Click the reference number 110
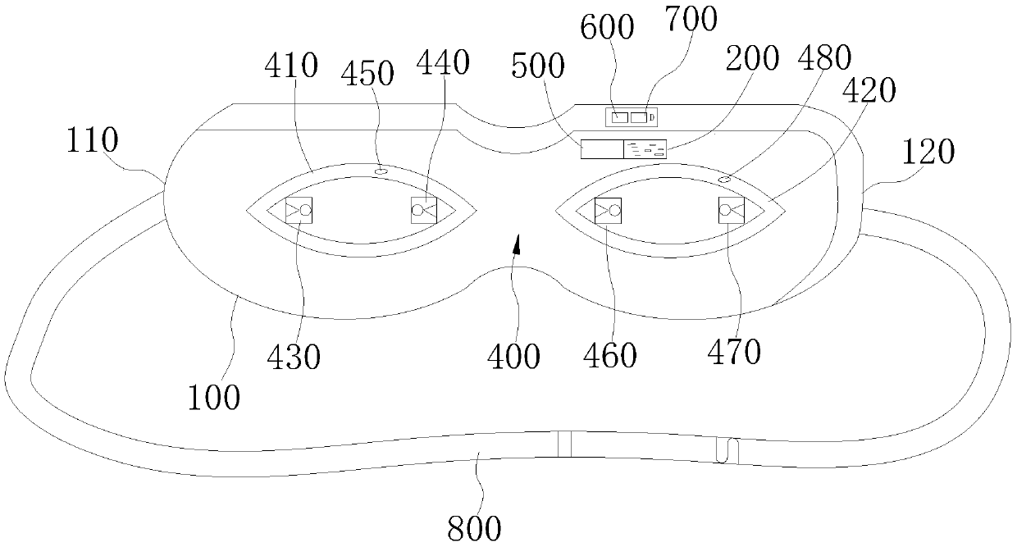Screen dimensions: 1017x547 [x=92, y=139]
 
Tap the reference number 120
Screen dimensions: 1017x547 [x=928, y=152]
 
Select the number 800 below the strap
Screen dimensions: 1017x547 [x=474, y=528]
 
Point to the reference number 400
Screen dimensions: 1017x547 [x=513, y=357]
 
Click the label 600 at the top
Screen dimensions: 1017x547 [x=607, y=27]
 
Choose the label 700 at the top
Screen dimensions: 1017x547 [x=691, y=19]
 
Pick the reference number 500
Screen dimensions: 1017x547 [x=538, y=66]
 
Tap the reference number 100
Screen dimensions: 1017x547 [x=214, y=398]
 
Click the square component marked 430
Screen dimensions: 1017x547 [x=299, y=210]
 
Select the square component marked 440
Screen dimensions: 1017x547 [x=424, y=210]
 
